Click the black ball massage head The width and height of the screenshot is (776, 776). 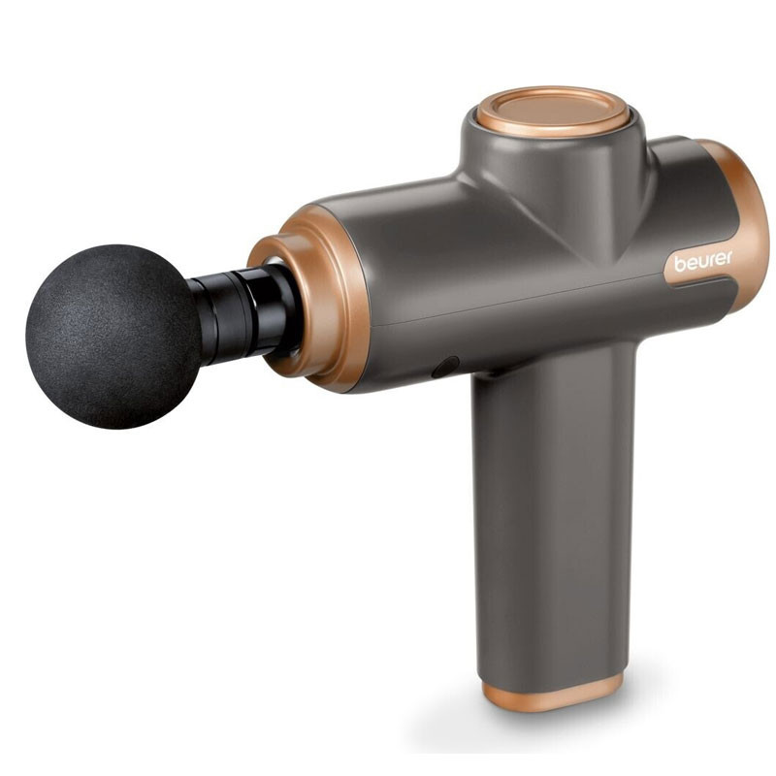(x=112, y=335)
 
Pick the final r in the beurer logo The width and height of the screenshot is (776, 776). (x=729, y=257)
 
